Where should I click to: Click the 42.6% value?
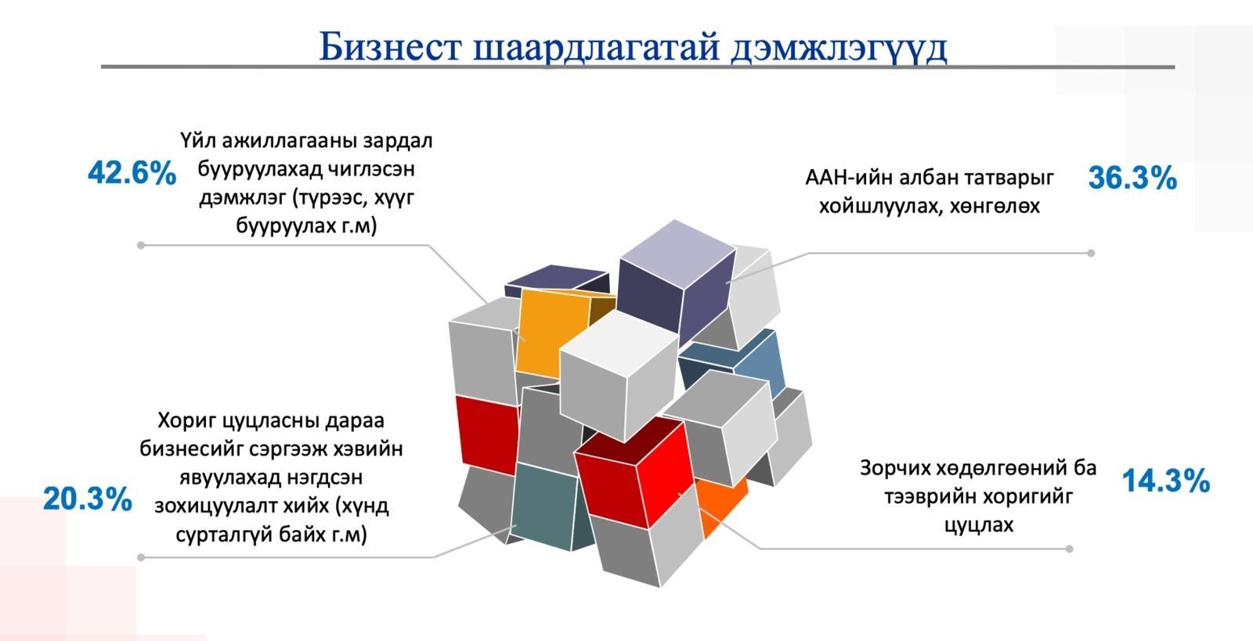tap(132, 173)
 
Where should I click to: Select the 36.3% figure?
tap(1132, 178)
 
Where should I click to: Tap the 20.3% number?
tap(88, 499)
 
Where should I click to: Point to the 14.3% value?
tap(1166, 481)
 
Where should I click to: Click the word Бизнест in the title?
tap(390, 47)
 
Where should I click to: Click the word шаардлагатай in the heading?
tap(596, 47)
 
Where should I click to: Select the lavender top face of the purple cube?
tap(677, 254)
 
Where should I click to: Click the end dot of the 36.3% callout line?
tap(1091, 253)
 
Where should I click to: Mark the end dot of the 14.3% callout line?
tap(1069, 549)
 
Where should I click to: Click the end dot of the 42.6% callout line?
tap(140, 245)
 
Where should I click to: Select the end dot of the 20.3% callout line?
tap(140, 557)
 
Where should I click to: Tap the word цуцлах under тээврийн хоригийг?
tap(979, 525)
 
